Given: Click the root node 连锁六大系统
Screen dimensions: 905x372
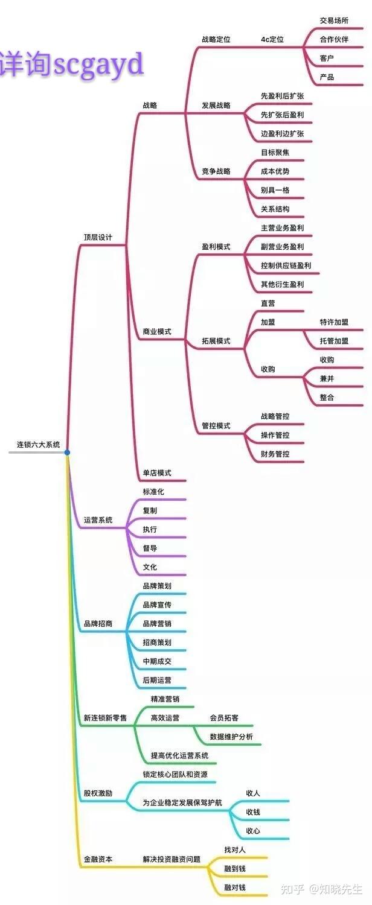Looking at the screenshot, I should pyautogui.click(x=38, y=445).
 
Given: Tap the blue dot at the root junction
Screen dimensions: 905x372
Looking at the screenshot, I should pyautogui.click(x=67, y=452).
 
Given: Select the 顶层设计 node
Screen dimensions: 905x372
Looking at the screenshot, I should pyautogui.click(x=98, y=237).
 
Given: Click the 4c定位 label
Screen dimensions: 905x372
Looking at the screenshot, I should pyautogui.click(x=272, y=40).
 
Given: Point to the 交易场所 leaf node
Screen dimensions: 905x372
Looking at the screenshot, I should pyautogui.click(x=334, y=21).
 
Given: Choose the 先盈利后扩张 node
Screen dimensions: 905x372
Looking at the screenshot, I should pyautogui.click(x=282, y=96).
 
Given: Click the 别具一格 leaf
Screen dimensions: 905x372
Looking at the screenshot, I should pyautogui.click(x=275, y=190).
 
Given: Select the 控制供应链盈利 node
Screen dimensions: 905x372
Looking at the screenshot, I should pyautogui.click(x=286, y=265).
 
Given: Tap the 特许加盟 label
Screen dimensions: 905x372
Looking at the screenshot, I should pyautogui.click(x=334, y=322).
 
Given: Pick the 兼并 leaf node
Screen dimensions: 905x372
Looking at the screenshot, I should pyautogui.click(x=327, y=379).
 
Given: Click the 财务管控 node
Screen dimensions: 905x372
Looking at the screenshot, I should pyautogui.click(x=275, y=454).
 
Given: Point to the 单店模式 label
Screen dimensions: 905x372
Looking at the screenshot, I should pyautogui.click(x=157, y=473).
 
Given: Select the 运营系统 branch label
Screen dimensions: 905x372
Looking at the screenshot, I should pyautogui.click(x=98, y=520).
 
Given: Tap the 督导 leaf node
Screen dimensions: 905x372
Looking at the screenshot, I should pyautogui.click(x=150, y=548).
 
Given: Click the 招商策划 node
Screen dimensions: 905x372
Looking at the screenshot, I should pyautogui.click(x=157, y=643).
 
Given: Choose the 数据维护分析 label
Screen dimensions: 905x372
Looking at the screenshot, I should pyautogui.click(x=231, y=737).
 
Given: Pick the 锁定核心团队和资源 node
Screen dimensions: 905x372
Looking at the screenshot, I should pyautogui.click(x=179, y=774).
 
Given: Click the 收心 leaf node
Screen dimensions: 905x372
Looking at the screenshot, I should pyautogui.click(x=253, y=831).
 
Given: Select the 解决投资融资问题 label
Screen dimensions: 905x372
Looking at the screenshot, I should pyautogui.click(x=172, y=859).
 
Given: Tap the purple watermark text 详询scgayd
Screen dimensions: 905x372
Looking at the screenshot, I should pyautogui.click(x=72, y=64).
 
